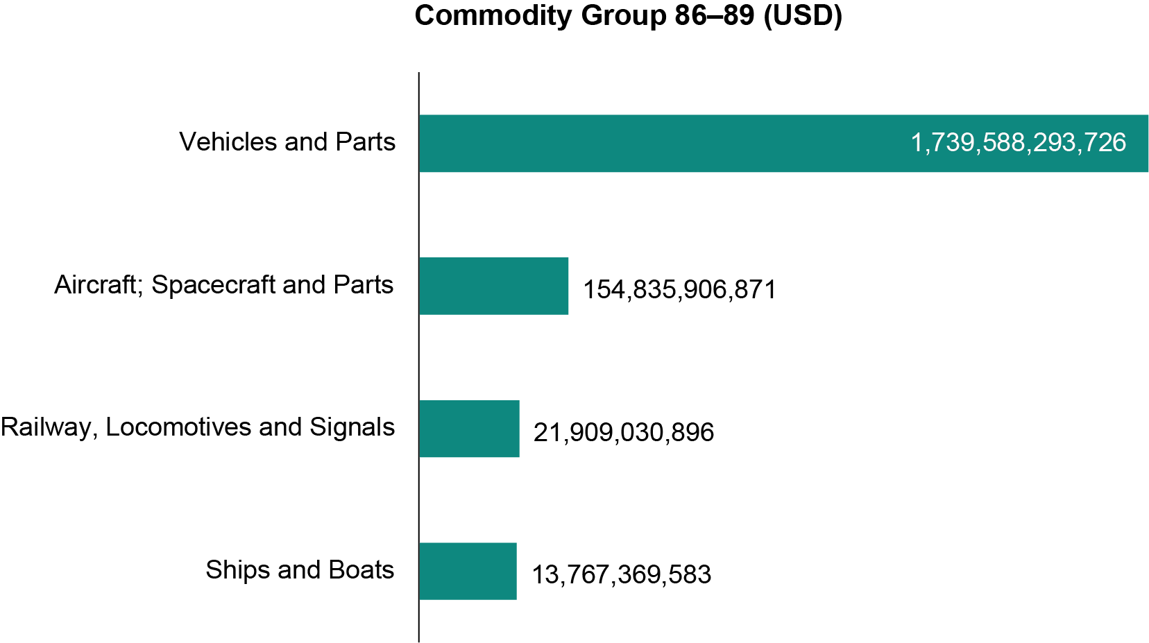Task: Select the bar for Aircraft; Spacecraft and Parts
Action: (493, 286)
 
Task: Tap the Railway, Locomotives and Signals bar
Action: (469, 429)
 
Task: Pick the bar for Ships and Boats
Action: (468, 571)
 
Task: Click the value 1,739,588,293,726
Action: (1018, 143)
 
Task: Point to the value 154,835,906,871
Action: (679, 289)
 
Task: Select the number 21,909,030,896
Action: (623, 432)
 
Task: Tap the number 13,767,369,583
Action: (621, 574)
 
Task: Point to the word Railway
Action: (45, 427)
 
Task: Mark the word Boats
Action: (361, 570)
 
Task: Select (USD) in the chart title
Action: (802, 15)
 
